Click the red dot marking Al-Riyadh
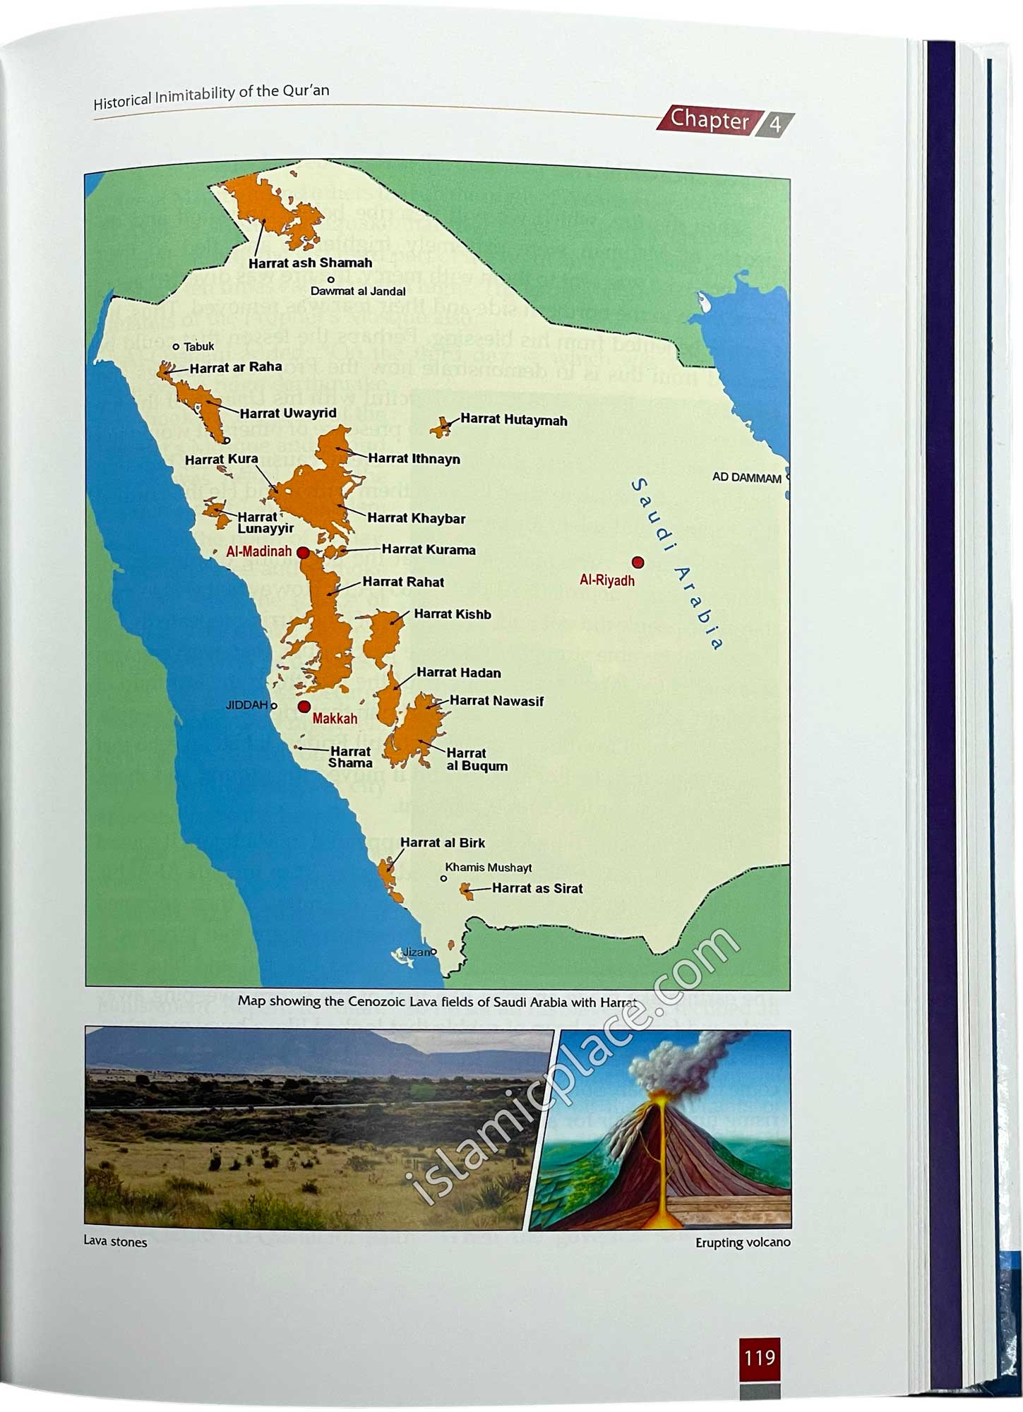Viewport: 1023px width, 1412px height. [638, 563]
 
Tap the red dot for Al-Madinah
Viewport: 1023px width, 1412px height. [303, 552]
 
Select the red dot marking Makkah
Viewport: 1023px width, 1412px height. [304, 707]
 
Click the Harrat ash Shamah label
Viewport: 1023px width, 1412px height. [310, 263]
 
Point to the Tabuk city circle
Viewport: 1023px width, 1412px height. [177, 347]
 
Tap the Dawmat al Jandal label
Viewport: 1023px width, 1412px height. [358, 292]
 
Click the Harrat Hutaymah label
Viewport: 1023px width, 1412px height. [513, 420]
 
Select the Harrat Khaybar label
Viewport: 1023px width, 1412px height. [416, 519]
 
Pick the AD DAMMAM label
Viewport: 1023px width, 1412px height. [746, 478]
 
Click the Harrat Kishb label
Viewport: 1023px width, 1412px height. [452, 614]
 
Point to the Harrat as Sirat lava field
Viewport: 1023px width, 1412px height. [467, 891]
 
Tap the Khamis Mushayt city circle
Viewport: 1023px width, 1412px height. [443, 879]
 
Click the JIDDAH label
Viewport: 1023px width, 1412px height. [246, 705]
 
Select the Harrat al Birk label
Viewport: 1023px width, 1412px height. [442, 843]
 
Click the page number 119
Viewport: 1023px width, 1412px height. [760, 1358]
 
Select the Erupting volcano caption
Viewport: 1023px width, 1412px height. [743, 1243]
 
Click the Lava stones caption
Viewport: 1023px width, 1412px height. [115, 1242]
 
